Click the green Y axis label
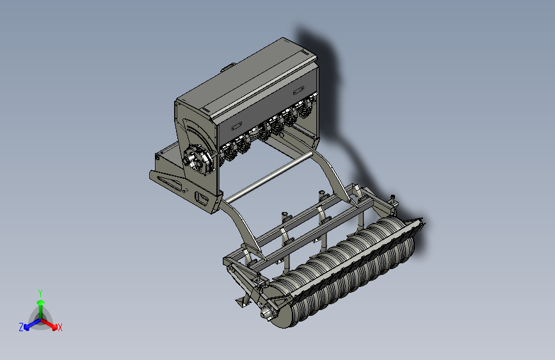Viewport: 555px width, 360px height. [40, 293]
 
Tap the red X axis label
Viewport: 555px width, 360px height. [60, 327]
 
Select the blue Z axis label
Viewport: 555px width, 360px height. [21, 327]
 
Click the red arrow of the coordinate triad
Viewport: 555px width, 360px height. [49, 324]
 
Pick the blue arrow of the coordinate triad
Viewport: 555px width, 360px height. [32, 324]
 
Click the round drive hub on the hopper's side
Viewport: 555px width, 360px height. [197, 160]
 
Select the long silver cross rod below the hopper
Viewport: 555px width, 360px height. [269, 177]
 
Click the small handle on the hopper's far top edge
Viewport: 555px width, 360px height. [229, 67]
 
